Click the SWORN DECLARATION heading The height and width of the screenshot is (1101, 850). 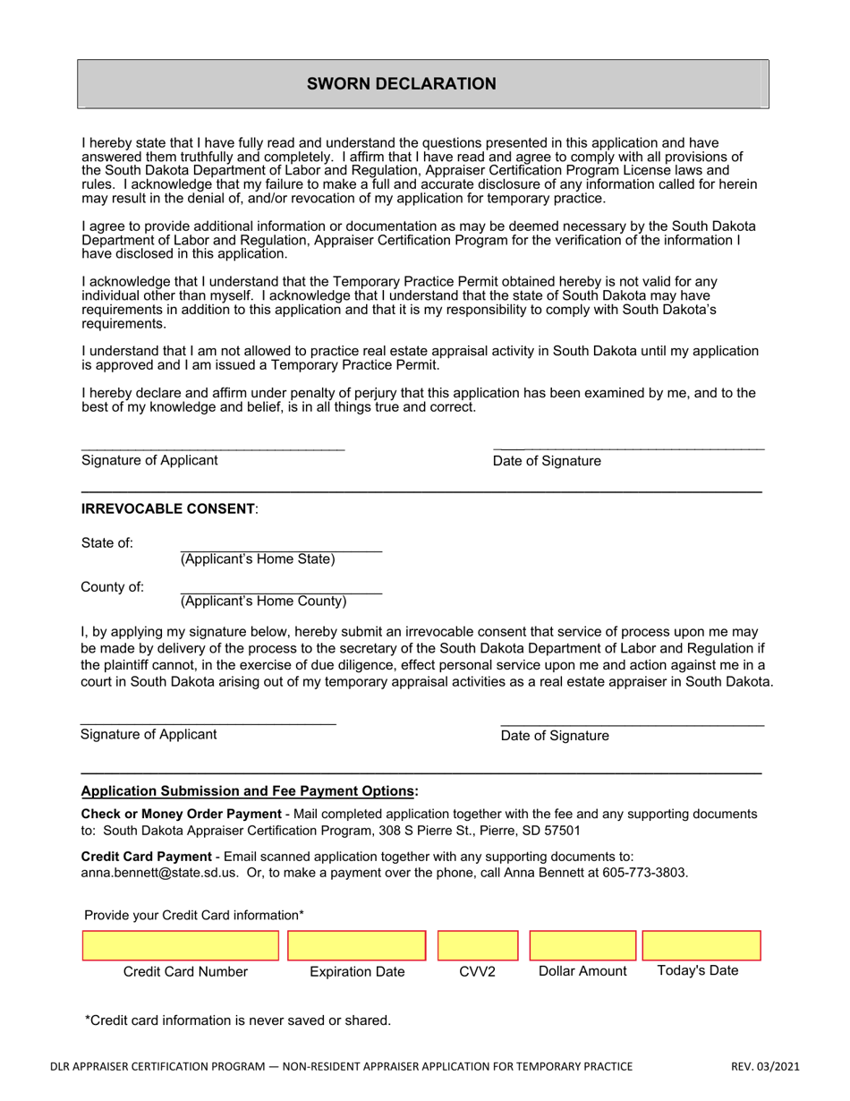401,84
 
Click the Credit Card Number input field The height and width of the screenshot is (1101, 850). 181,946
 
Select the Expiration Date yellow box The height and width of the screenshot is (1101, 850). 356,946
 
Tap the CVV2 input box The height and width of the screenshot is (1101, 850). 478,946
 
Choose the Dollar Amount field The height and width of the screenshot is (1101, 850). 582,946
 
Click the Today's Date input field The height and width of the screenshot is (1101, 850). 701,946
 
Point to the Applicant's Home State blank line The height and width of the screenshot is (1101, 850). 281,545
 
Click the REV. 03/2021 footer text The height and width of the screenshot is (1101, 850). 765,1066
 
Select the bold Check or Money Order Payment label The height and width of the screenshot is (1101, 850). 181,814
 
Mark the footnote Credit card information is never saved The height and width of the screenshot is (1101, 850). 238,1020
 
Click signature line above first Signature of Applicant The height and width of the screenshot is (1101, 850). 212,447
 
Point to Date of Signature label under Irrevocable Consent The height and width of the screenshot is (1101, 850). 555,736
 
